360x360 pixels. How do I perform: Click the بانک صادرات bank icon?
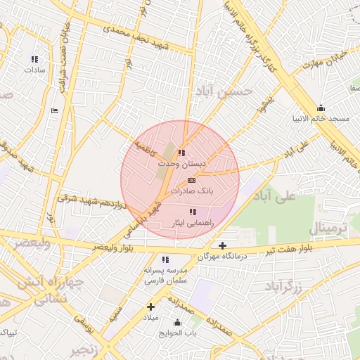pos(192,181)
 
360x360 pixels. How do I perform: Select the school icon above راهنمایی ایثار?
pos(193,212)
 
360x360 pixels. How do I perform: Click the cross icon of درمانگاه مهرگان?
pos(223,246)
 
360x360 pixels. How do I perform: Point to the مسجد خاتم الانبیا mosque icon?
pos(321,108)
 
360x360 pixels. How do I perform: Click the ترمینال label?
pos(328,229)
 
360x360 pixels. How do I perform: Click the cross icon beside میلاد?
pos(150,307)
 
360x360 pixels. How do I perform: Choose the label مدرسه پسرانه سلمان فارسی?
pos(166,275)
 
